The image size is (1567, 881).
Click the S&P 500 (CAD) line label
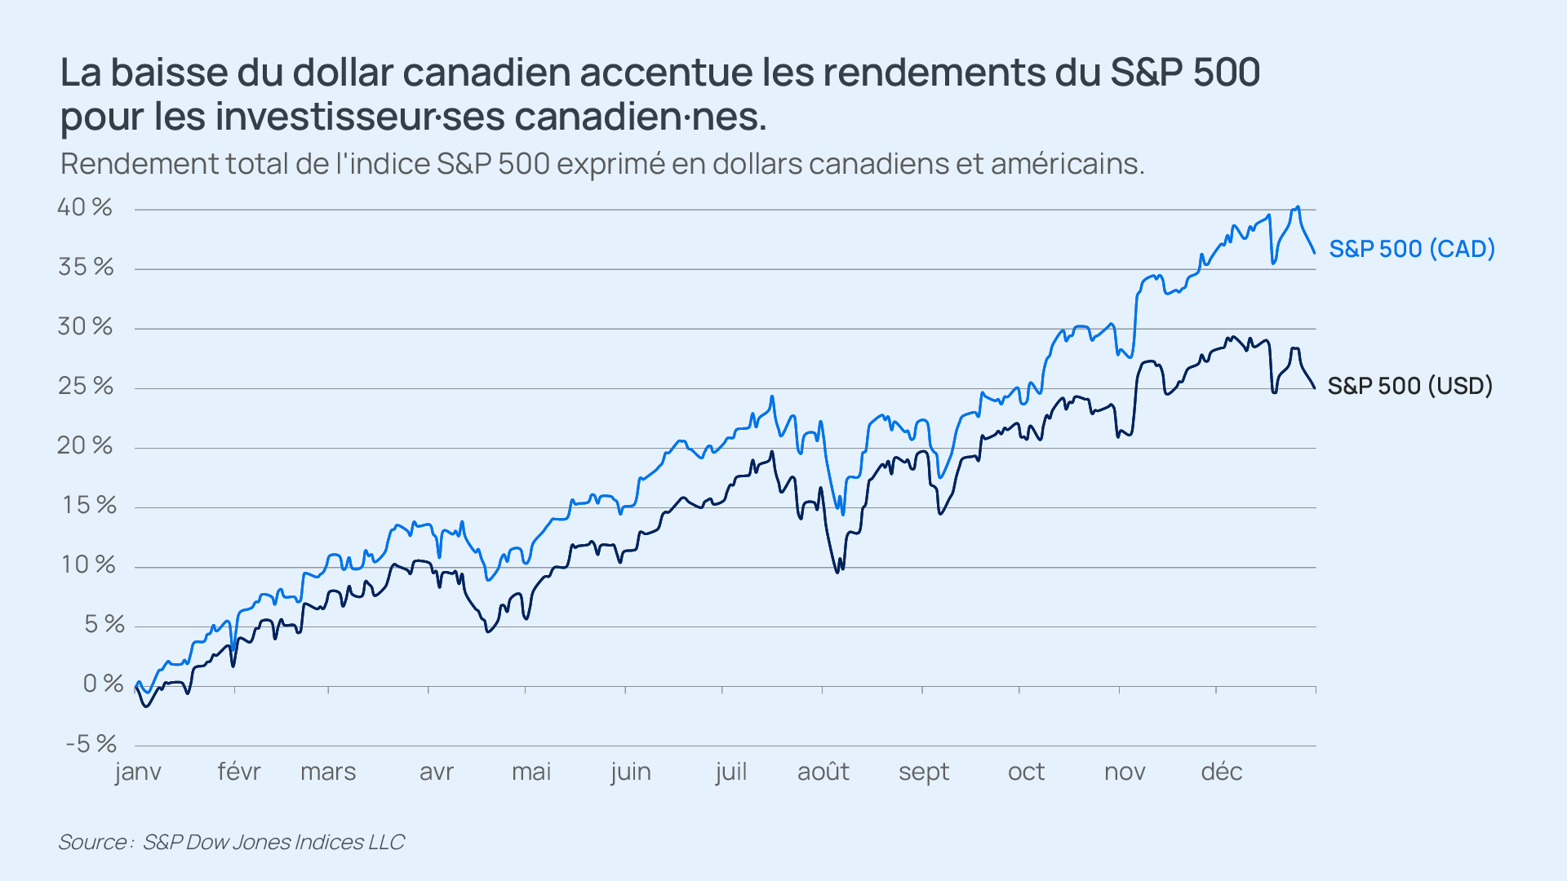point(1411,249)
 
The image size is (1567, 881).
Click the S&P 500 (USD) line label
point(1409,386)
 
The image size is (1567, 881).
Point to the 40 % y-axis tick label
point(84,207)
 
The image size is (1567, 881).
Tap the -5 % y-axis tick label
point(91,744)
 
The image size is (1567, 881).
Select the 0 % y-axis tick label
point(103,684)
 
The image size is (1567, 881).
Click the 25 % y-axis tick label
point(85,386)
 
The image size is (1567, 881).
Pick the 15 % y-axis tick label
point(89,505)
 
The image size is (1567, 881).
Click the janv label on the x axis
point(138,772)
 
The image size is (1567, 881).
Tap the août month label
point(823,772)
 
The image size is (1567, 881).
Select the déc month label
point(1221,772)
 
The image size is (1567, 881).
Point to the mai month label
point(531,772)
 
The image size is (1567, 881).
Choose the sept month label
point(924,772)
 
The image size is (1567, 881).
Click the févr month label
point(238,772)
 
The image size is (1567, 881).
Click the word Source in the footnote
point(91,842)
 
